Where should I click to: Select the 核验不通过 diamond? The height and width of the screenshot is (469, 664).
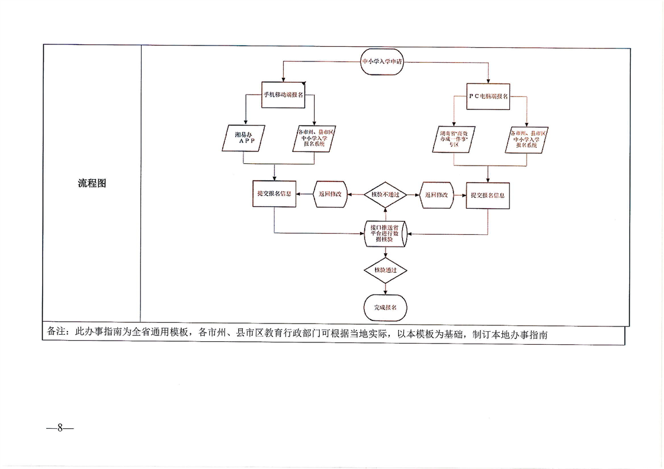point(385,195)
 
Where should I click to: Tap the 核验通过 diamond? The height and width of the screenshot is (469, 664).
point(385,270)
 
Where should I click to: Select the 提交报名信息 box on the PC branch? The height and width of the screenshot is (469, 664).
point(487,195)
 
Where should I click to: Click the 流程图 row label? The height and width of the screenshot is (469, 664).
point(92,183)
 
